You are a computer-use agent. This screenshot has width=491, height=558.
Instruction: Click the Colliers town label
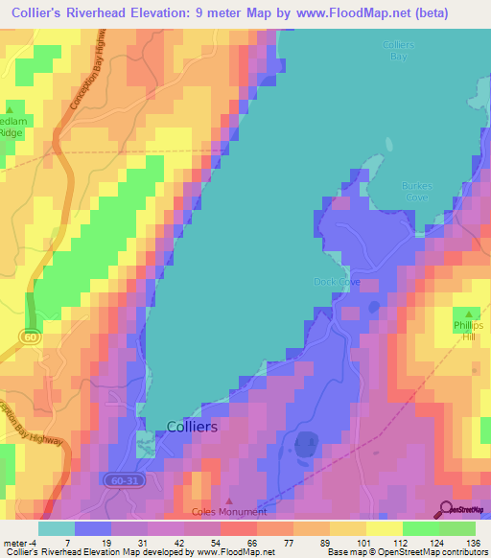click(x=192, y=427)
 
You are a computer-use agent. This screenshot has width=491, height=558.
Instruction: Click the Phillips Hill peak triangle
click(x=469, y=314)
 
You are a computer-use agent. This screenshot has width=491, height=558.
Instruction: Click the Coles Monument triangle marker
click(x=228, y=500)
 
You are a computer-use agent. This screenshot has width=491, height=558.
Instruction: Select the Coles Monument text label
click(x=229, y=513)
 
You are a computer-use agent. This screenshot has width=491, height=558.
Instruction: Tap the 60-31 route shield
click(x=122, y=478)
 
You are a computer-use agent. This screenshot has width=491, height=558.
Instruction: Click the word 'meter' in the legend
click(x=16, y=545)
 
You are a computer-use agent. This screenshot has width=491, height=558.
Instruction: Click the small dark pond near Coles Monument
click(x=307, y=444)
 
